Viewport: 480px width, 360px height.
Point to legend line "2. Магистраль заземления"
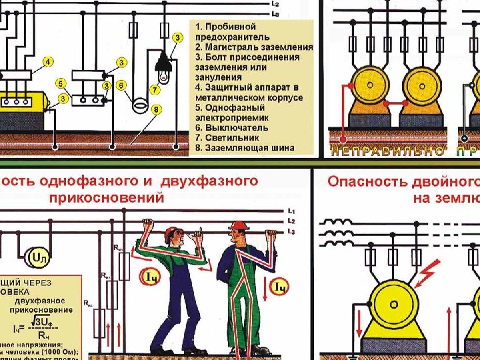[254, 47]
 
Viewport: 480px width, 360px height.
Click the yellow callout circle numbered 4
[48, 62]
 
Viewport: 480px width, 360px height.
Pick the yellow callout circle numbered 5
[60, 84]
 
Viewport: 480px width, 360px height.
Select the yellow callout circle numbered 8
[155, 109]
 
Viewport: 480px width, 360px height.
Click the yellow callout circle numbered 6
[121, 85]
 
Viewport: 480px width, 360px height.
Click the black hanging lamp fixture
[164, 64]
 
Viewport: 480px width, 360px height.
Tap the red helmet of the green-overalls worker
[237, 225]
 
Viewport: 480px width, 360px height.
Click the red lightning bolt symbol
[427, 270]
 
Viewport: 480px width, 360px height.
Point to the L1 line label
[291, 212]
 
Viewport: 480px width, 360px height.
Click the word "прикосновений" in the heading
[106, 198]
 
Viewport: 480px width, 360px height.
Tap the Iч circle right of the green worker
[280, 287]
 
